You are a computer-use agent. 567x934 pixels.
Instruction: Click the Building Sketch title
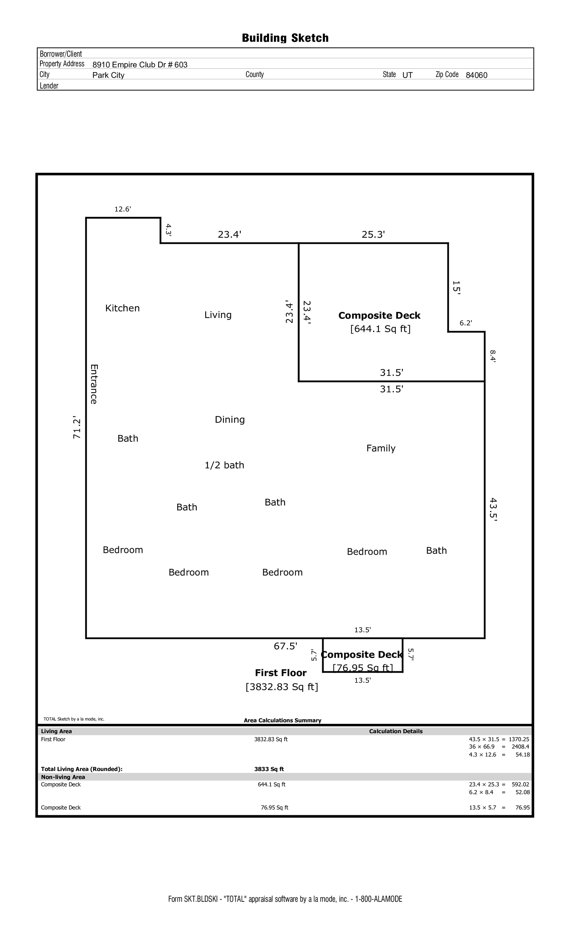point(285,38)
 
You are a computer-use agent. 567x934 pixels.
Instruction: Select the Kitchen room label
point(122,308)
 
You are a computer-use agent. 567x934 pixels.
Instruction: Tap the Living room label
point(218,315)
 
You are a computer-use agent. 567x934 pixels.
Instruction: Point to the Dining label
point(230,420)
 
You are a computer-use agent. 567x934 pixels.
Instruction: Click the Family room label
point(381,448)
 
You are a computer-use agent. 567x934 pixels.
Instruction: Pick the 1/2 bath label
point(224,465)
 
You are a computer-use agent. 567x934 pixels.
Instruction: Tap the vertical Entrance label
point(94,384)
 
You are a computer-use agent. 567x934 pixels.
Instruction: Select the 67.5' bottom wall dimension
point(285,646)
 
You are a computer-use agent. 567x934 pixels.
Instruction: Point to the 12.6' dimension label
point(123,209)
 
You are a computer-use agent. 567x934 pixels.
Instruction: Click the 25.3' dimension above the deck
point(373,235)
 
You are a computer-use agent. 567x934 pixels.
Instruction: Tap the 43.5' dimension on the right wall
point(493,510)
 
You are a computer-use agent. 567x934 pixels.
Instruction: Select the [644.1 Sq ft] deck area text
point(380,329)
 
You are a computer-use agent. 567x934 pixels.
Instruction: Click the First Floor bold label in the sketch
point(280,673)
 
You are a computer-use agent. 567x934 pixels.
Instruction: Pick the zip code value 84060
point(476,75)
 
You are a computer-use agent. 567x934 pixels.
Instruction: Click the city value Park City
point(108,75)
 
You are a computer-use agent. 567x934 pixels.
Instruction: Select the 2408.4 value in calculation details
point(520,747)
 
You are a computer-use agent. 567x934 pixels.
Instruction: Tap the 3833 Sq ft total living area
point(269,769)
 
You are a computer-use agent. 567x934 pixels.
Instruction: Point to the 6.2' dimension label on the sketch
point(466,323)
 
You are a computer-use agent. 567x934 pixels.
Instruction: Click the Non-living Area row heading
point(63,777)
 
